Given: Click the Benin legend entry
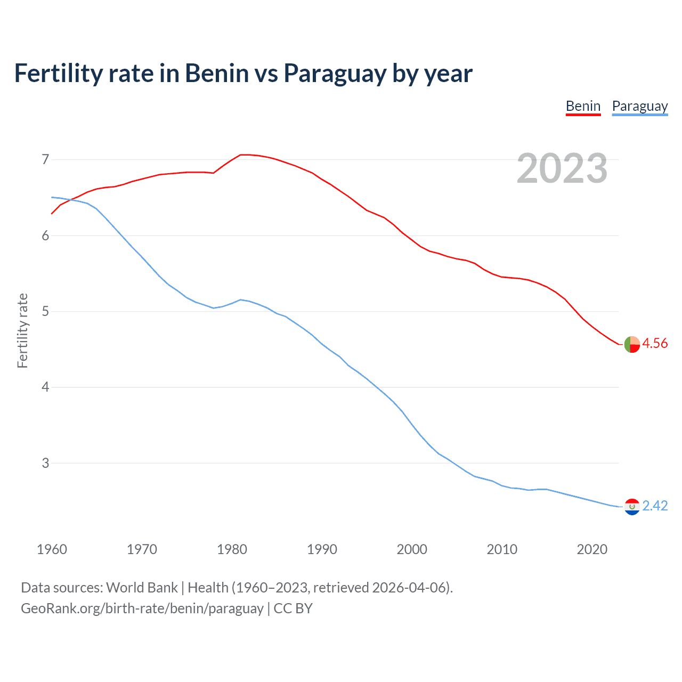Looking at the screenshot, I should (x=583, y=107).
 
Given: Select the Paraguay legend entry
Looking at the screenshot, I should (x=639, y=107).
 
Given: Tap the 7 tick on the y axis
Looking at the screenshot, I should (x=45, y=159).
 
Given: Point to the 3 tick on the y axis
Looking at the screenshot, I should (x=45, y=463).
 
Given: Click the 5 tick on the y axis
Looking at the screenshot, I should (x=45, y=311).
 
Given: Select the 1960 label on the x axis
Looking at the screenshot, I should (x=52, y=549).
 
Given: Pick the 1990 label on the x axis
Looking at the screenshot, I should (x=322, y=549).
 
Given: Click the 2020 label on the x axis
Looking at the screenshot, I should (x=592, y=549).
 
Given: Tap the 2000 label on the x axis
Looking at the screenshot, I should (x=412, y=549).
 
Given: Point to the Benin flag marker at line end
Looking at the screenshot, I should (x=632, y=345).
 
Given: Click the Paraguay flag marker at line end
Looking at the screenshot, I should (x=632, y=507).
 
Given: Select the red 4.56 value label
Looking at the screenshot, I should (x=655, y=344).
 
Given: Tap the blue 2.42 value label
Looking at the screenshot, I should (x=655, y=506).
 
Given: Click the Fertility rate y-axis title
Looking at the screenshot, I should (x=22, y=330).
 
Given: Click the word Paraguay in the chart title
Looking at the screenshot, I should (x=335, y=74).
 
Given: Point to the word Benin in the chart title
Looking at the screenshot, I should (x=217, y=73).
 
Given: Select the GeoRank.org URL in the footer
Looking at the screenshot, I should (x=142, y=608).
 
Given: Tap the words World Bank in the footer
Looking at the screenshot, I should (x=142, y=588).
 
